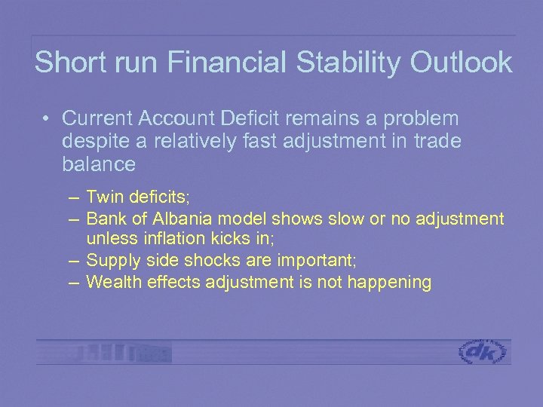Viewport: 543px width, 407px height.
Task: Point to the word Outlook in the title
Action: click(461, 62)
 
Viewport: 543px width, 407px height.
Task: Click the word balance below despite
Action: click(99, 164)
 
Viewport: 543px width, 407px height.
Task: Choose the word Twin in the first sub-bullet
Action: click(103, 197)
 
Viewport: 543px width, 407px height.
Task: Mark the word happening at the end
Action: click(391, 283)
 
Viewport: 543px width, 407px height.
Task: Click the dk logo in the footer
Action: click(483, 352)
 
